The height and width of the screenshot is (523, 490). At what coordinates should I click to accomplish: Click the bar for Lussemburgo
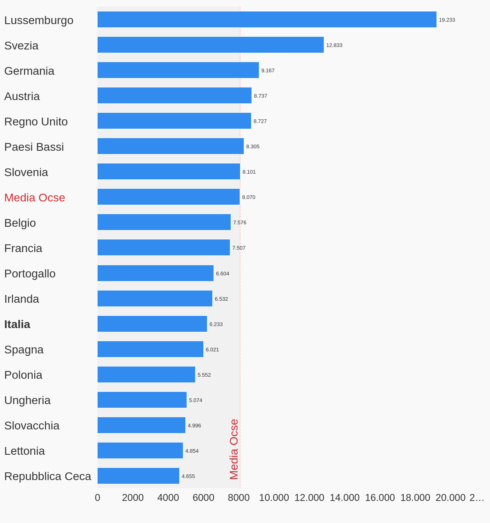tap(267, 20)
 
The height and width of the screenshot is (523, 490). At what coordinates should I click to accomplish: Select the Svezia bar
tap(210, 45)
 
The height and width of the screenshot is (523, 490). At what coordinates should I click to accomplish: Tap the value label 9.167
tap(268, 71)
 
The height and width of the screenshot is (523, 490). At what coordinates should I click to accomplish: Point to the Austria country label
tap(22, 96)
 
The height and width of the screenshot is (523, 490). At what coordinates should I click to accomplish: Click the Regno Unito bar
tap(174, 121)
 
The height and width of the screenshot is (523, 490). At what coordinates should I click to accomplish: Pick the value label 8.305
tap(253, 147)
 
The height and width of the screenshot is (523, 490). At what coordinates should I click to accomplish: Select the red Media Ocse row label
tap(35, 198)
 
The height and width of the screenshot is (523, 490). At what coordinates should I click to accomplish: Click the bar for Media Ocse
tap(168, 197)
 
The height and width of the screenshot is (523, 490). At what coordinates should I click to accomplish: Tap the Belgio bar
tap(164, 222)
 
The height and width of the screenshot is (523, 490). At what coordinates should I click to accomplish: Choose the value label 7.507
tap(239, 248)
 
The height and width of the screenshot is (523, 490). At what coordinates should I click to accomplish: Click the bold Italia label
tap(17, 324)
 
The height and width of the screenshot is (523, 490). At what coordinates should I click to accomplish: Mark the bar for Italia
tap(152, 324)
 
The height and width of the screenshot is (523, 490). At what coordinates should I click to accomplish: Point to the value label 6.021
tap(212, 350)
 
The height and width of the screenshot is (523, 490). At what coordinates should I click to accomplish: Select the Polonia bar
tap(146, 375)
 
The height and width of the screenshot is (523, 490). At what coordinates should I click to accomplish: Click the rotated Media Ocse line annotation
tap(234, 449)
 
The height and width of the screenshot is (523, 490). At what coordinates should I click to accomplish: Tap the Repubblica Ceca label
tap(48, 476)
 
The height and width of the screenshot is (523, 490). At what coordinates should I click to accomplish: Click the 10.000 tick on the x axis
tap(274, 498)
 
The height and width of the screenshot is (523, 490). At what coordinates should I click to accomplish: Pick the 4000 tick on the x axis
tap(168, 498)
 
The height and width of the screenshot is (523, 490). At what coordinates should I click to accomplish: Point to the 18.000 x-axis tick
tap(415, 498)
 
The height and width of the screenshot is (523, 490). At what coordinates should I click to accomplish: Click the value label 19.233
tap(447, 20)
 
